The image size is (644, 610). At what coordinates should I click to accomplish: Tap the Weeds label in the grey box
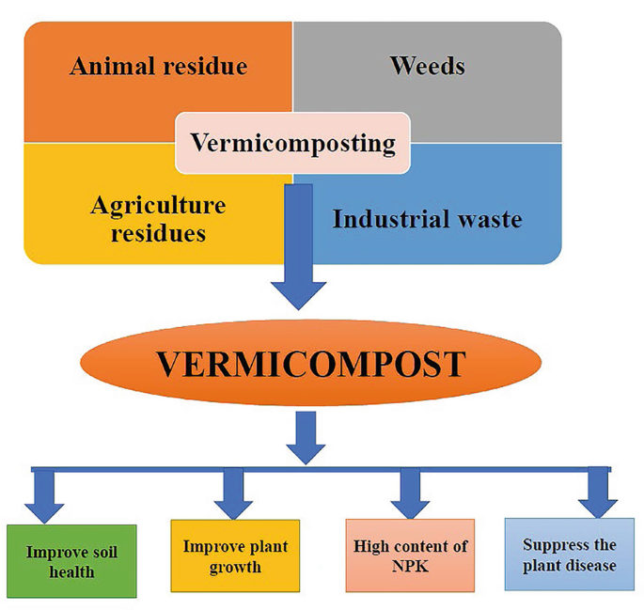427,66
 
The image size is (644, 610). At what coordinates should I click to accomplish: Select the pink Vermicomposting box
292,144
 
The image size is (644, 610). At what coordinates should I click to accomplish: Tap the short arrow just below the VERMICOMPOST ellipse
307,438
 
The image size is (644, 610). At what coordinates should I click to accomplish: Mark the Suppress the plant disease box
569,555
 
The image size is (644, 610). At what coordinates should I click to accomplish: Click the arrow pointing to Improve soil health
43,496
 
